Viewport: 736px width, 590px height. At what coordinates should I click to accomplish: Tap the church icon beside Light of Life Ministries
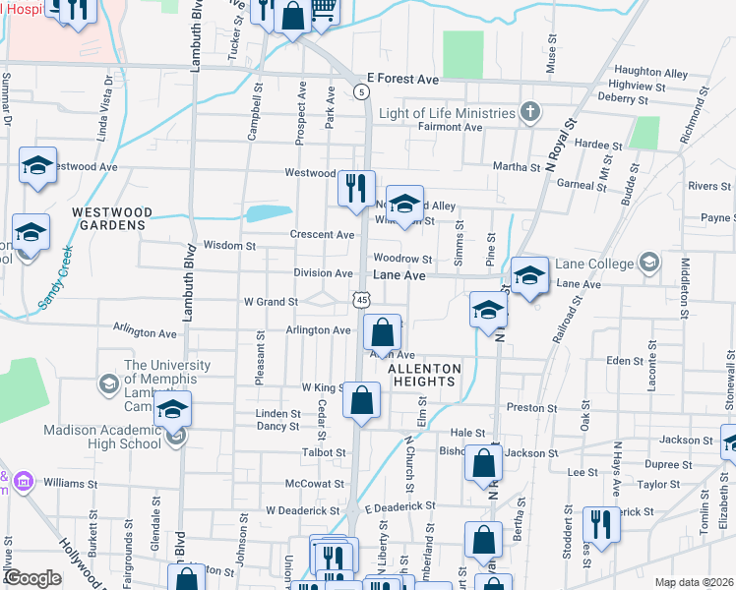pos(529,110)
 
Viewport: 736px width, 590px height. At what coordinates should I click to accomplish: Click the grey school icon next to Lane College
pos(648,263)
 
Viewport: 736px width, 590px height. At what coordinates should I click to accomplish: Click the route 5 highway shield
pos(362,91)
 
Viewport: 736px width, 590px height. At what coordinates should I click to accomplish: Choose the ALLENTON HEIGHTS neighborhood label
pos(425,375)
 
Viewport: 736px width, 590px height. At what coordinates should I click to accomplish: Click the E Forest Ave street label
pos(401,77)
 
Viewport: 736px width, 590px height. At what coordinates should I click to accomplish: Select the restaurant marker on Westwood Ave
pos(356,186)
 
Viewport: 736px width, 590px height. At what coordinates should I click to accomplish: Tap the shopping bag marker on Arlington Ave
pos(382,332)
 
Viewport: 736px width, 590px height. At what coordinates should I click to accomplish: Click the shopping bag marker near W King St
pos(362,401)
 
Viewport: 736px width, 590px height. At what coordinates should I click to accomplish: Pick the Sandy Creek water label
pos(55,280)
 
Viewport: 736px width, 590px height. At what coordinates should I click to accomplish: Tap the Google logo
pos(32,578)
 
